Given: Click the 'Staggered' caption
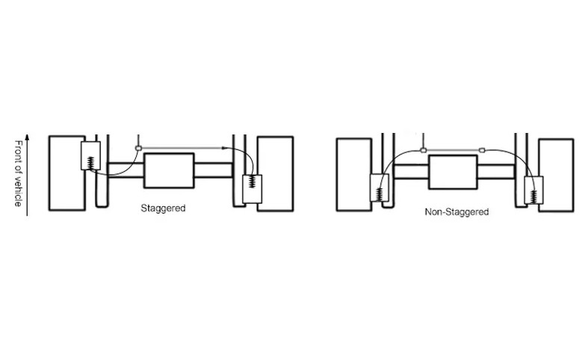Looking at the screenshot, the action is (163, 208).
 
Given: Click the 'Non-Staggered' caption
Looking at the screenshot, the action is (457, 212).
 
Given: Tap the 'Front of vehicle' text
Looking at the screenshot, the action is (18, 173).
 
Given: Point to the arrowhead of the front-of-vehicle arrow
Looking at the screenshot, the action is (27, 137).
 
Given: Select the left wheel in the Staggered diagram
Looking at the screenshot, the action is (67, 173).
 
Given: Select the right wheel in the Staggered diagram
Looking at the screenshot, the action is (276, 174).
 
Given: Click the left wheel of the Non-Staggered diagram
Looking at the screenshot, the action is (354, 175).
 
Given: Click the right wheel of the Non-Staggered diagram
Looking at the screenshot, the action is (556, 176).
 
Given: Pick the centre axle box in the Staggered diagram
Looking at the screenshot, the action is (169, 170).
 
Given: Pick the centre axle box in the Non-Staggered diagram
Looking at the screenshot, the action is (453, 172).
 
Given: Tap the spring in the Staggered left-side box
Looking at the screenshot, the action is (90, 163).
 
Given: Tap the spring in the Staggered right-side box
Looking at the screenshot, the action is (253, 183).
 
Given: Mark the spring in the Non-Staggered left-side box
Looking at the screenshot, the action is (380, 194).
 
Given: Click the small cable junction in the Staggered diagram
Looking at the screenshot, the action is (138, 149).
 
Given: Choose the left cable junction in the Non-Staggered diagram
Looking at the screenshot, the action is (424, 150).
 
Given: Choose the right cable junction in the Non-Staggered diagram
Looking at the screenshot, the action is (482, 150).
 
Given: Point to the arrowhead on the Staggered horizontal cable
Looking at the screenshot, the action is (225, 148).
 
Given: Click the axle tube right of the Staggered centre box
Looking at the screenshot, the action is (214, 170).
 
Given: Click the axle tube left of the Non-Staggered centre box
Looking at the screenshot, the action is (411, 171).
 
